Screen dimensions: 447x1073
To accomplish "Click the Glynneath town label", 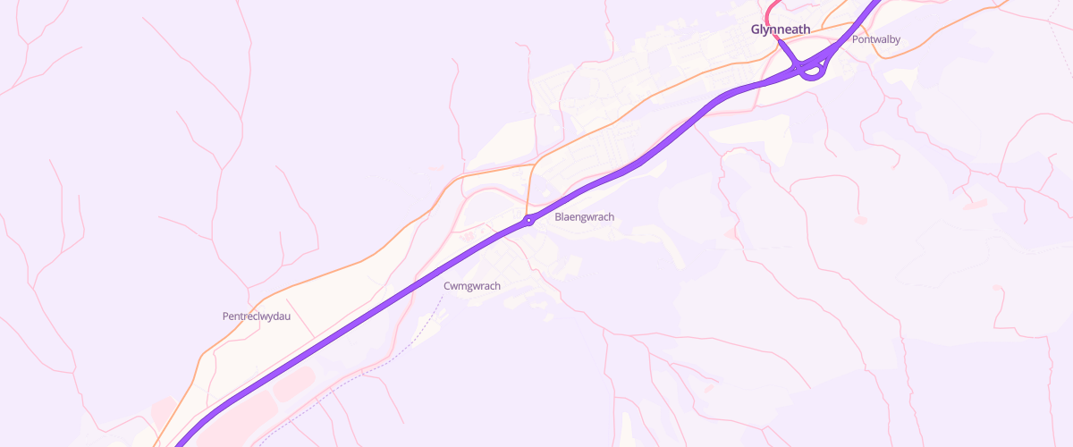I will [x=780, y=30].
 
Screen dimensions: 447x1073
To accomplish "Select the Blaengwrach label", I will [x=584, y=217].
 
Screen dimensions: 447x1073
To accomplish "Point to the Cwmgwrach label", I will [x=471, y=286].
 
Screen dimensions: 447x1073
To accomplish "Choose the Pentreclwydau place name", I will [x=256, y=316].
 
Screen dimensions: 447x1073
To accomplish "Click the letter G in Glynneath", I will [x=756, y=30].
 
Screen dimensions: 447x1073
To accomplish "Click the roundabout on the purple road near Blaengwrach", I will [x=529, y=219].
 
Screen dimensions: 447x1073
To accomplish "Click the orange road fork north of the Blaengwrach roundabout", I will [x=534, y=164].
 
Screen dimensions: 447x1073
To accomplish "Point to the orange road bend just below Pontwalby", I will [x=880, y=54].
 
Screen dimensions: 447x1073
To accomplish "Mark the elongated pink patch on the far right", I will [x=974, y=205].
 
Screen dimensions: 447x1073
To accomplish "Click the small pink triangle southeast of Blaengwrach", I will [x=731, y=233].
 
